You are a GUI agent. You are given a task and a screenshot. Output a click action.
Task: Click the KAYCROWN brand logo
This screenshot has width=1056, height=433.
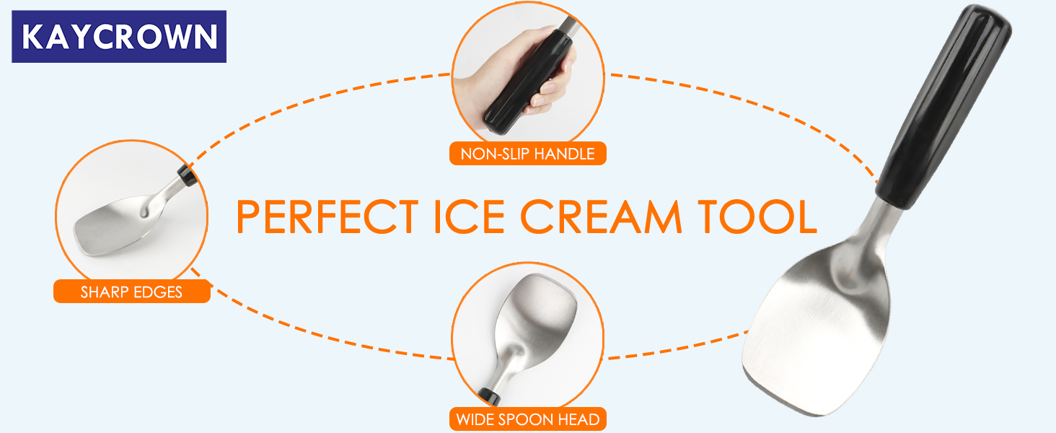119,36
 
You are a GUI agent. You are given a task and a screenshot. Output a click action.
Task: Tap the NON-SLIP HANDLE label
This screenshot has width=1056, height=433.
527,154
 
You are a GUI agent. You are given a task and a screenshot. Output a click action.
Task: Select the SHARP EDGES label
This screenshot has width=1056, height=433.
131,292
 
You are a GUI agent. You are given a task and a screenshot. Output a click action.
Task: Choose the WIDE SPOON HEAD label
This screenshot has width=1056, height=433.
527,419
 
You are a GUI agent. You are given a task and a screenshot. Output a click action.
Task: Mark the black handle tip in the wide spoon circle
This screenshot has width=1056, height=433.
493,395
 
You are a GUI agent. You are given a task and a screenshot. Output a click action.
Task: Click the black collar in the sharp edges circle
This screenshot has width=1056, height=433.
187,175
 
